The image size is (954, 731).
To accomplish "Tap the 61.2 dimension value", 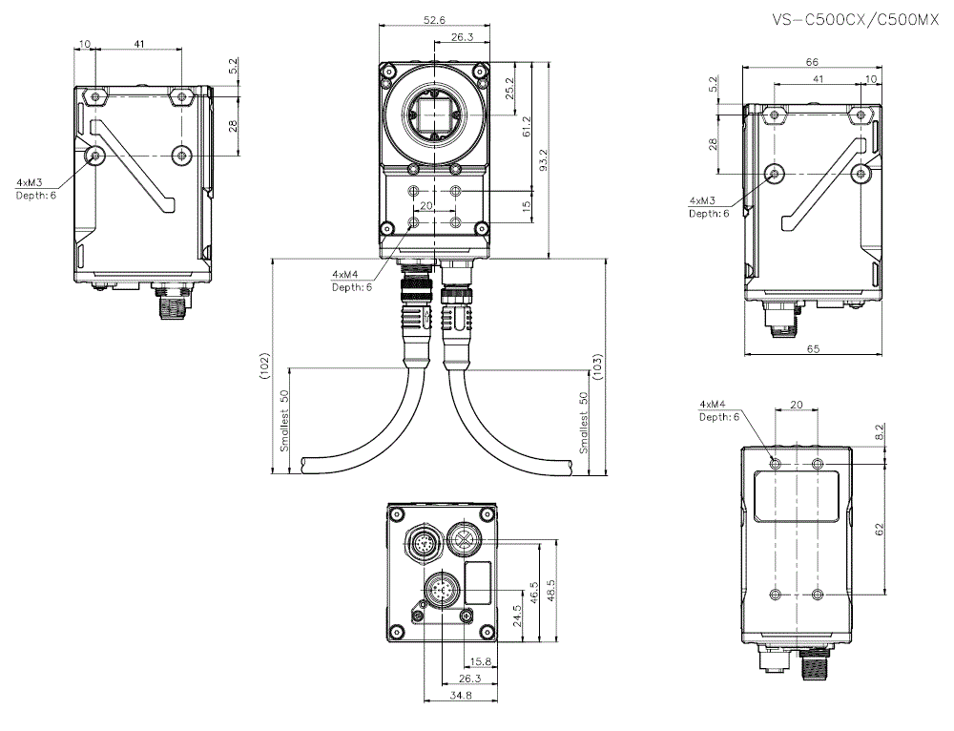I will pos(527,129).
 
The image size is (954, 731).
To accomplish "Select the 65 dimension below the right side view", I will pos(813,349).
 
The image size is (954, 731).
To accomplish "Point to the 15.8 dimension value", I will pos(483,660).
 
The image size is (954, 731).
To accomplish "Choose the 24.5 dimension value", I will pos(516,616).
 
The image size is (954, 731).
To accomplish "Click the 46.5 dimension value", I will pos(533,593).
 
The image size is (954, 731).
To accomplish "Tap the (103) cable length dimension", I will pos(598,367).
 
